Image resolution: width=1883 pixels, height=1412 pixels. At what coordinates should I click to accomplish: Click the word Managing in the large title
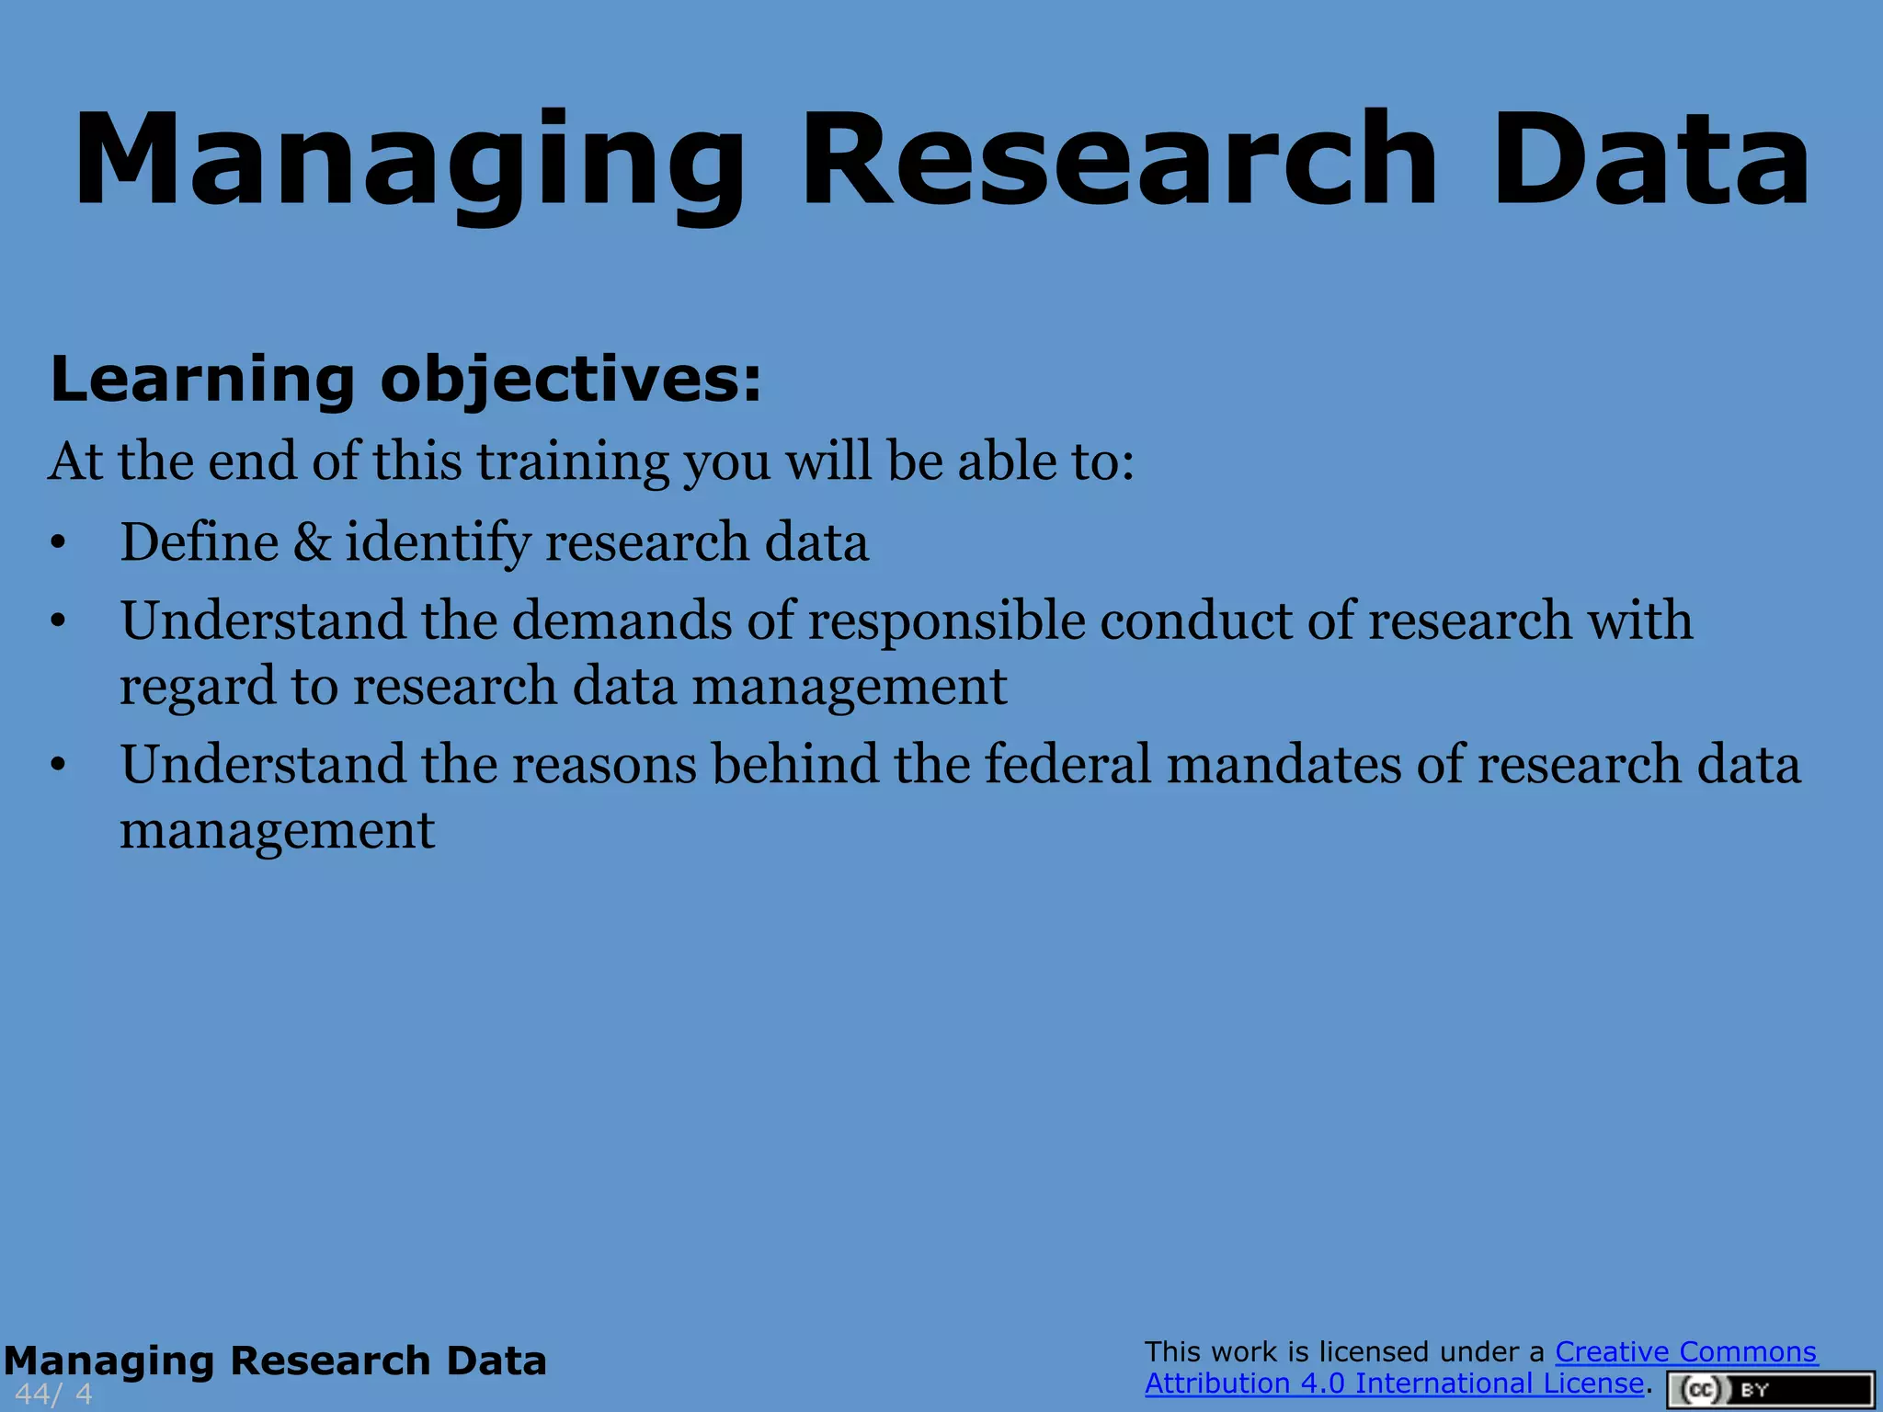[x=409, y=161]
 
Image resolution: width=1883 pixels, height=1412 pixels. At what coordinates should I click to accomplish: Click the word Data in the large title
[x=1650, y=161]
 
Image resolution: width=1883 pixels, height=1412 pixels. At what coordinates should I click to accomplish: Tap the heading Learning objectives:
[x=405, y=380]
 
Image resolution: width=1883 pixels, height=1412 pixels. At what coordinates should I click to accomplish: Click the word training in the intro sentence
[x=572, y=461]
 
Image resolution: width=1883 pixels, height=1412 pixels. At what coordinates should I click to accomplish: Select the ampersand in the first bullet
[x=313, y=541]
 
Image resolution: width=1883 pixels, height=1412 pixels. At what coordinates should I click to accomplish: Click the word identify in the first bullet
[x=438, y=541]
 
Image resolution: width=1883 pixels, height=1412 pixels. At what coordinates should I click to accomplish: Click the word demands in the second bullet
[x=622, y=621]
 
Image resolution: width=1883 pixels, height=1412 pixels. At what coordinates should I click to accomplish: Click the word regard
[x=198, y=688]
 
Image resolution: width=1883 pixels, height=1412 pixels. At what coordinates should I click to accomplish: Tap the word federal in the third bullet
[x=1067, y=765]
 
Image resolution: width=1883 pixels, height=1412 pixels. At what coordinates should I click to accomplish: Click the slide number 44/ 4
[x=53, y=1394]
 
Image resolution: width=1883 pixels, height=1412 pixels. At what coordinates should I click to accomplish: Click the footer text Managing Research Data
[x=275, y=1361]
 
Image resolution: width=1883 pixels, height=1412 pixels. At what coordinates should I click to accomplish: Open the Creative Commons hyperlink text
[x=1685, y=1352]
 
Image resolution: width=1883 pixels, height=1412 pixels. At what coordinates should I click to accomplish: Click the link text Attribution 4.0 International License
[x=1393, y=1384]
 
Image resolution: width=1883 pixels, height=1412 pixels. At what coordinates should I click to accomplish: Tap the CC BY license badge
[x=1770, y=1389]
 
